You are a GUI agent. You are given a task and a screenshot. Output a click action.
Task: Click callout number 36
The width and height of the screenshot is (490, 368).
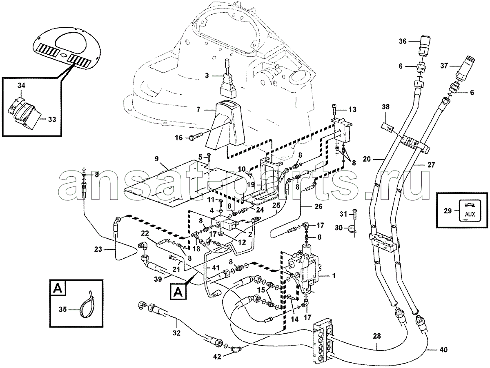point(403,41)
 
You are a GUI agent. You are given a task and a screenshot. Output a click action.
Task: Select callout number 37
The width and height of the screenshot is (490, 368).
point(444,66)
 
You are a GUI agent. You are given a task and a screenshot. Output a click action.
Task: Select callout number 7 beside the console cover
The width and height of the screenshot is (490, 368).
point(198,109)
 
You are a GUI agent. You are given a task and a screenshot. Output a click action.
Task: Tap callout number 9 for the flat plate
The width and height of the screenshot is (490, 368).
point(156,159)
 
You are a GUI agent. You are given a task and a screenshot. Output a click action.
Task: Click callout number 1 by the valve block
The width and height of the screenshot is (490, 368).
point(334,276)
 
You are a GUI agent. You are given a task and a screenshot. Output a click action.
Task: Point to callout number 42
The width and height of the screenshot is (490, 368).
point(217,357)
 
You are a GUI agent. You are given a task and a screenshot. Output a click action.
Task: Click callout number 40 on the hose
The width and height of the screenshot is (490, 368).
point(443,350)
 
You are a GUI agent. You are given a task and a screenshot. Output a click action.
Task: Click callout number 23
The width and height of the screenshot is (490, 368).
point(98,249)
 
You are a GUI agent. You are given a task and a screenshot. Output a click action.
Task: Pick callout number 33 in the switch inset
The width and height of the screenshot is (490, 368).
point(52,120)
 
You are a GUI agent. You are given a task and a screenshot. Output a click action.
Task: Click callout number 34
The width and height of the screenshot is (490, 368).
point(21,85)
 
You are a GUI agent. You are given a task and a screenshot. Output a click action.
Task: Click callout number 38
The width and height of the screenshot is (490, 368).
point(385,107)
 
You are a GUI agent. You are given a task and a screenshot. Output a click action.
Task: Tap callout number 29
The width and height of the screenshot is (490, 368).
point(448,211)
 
